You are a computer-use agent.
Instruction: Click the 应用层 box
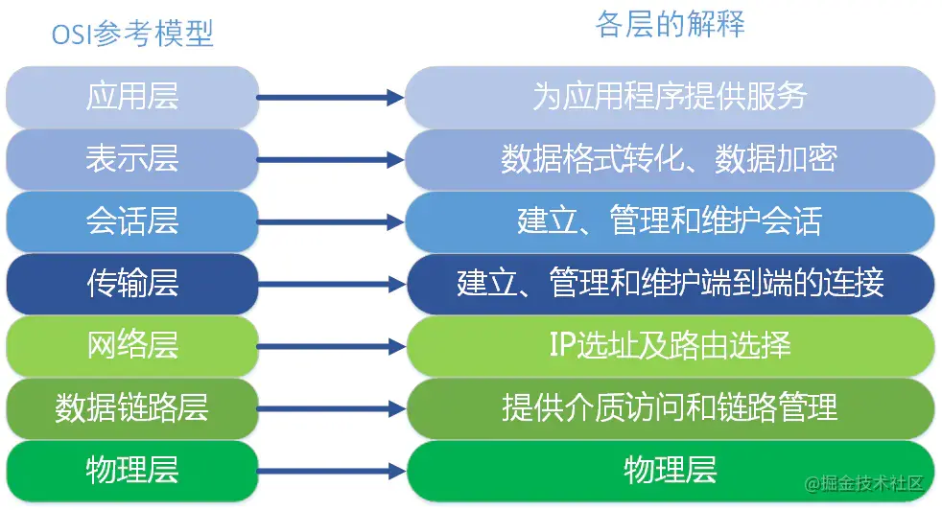(x=132, y=97)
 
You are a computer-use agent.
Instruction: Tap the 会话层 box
(x=132, y=221)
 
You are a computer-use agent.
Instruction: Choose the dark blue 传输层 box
(x=132, y=284)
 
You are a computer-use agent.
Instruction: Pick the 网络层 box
(x=132, y=346)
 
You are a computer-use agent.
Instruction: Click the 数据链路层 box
(x=132, y=408)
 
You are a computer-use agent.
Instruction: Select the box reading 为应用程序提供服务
(x=670, y=97)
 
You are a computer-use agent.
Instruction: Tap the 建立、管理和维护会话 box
(x=670, y=221)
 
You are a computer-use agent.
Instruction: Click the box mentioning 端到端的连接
(x=670, y=284)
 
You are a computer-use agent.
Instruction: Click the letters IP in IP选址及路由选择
(x=562, y=346)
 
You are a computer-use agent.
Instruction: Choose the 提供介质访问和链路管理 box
(x=670, y=408)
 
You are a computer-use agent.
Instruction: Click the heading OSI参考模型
(x=132, y=34)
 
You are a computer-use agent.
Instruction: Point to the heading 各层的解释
(x=670, y=25)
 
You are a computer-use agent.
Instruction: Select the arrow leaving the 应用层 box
(x=331, y=97)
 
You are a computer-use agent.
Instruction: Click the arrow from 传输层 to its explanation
(x=331, y=284)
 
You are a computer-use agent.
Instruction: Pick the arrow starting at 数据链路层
(x=331, y=408)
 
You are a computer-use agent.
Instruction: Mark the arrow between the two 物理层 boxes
(x=331, y=471)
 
